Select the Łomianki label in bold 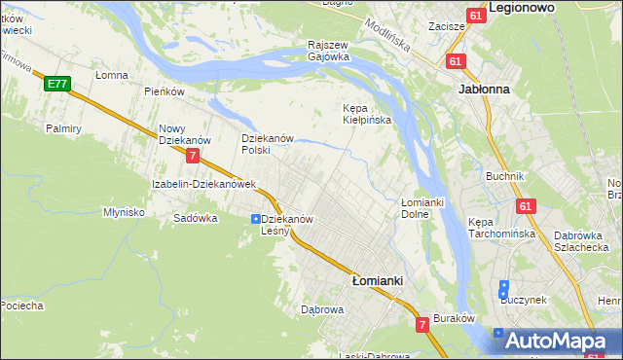(377, 279)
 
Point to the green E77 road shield (56, 85)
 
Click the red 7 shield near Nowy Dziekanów (194, 155)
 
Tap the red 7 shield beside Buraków (422, 324)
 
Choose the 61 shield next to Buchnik (526, 206)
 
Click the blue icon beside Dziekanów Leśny (255, 219)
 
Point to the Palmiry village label (62, 127)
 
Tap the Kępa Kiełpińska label (366, 114)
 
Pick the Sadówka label (195, 218)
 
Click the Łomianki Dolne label (421, 207)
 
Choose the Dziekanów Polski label (267, 144)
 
